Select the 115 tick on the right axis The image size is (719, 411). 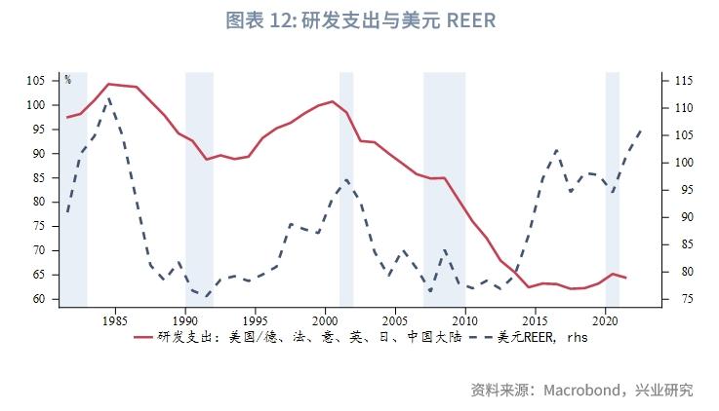679,81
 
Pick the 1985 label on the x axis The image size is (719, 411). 115,319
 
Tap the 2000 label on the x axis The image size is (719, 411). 325,319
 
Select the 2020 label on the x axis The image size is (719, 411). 605,319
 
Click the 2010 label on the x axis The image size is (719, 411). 465,319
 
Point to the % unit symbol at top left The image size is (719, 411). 67,80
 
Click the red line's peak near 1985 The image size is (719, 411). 108,84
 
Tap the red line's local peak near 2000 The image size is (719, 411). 333,101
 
